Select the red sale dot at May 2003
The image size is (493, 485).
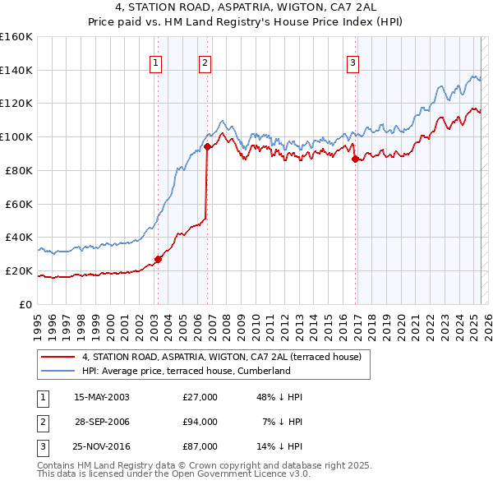coord(158,259)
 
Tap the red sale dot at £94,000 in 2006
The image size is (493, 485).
coord(207,147)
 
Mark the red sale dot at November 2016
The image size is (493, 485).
coord(356,159)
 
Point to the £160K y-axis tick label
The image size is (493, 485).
coord(16,37)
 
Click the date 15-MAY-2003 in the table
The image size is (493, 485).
coord(101,397)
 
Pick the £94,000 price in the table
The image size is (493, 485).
coord(200,422)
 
